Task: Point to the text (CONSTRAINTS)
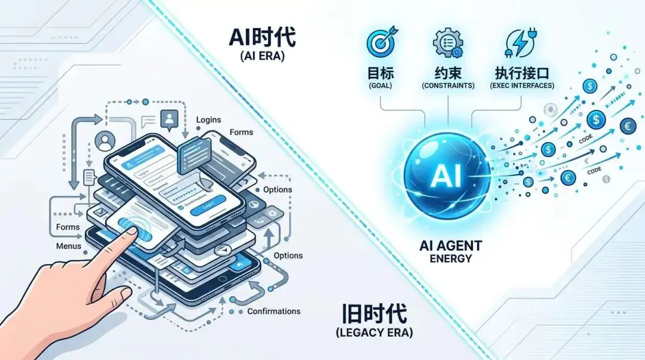pyautogui.click(x=448, y=86)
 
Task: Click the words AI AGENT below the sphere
pyautogui.click(x=450, y=245)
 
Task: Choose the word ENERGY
pyautogui.click(x=450, y=259)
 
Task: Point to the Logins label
pyautogui.click(x=209, y=120)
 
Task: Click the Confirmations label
pyautogui.click(x=274, y=311)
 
